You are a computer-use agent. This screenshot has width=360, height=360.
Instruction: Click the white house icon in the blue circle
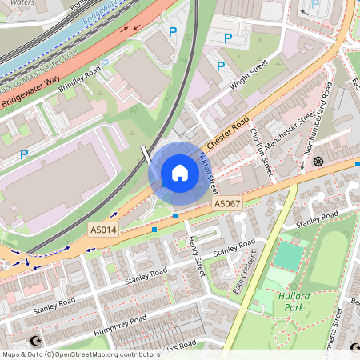click(180, 173)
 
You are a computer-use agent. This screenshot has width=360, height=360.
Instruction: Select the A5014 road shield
click(102, 229)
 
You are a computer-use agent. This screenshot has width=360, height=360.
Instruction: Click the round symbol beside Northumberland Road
click(318, 162)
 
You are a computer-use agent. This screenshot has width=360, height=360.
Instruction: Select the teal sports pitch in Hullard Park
click(289, 255)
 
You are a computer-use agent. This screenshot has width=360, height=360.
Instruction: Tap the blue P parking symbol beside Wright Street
click(229, 38)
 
